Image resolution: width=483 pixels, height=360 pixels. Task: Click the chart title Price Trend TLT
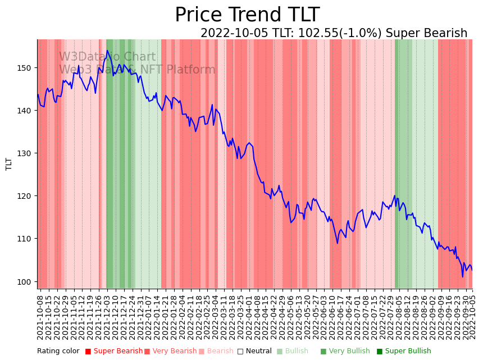(x=247, y=15)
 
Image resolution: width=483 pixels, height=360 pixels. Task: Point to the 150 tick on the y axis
(x=26, y=68)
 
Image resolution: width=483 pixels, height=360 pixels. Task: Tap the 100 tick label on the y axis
(x=26, y=281)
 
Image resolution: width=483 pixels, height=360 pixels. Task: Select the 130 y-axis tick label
(x=26, y=153)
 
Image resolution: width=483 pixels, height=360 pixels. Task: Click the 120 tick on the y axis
(x=26, y=196)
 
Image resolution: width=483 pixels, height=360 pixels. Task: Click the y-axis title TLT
(x=9, y=164)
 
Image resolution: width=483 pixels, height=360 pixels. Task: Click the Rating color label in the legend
(x=58, y=352)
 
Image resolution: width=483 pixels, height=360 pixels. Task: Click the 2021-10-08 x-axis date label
(x=40, y=315)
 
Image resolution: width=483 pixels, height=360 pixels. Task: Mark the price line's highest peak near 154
(x=107, y=51)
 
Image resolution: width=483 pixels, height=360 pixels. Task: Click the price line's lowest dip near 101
(x=463, y=276)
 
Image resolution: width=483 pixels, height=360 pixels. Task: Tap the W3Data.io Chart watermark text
(x=107, y=57)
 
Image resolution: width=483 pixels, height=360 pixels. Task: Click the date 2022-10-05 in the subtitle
(x=234, y=33)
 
